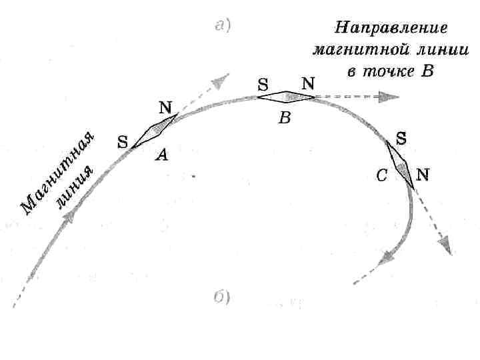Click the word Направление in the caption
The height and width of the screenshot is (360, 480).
click(x=390, y=28)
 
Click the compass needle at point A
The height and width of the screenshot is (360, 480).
click(x=154, y=130)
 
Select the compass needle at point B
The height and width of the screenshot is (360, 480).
click(x=286, y=97)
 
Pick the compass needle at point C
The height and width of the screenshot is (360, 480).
click(x=400, y=163)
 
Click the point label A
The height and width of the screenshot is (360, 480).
click(x=162, y=155)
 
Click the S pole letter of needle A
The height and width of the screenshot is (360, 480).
click(x=123, y=141)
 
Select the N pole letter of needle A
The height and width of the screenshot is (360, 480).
click(x=165, y=107)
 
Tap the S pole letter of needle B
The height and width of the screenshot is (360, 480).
click(x=263, y=85)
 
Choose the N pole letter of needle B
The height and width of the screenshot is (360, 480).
click(x=308, y=83)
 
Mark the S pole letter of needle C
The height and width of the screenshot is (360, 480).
click(x=402, y=138)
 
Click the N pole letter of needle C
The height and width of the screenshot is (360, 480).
click(x=423, y=175)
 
